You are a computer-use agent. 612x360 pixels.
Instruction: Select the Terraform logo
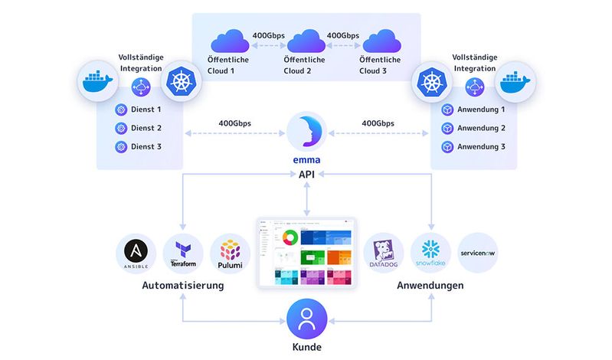coord(183,254)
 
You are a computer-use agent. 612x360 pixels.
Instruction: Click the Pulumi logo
coord(230,254)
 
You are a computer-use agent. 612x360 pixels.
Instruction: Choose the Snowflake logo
coord(430,254)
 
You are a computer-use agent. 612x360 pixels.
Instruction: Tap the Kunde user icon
coord(306,319)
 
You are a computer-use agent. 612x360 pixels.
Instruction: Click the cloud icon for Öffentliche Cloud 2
coord(306,41)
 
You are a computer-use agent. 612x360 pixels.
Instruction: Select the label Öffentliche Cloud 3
coord(381,66)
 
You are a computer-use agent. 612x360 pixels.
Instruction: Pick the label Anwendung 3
coord(481,146)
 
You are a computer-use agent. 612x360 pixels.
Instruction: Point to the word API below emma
coord(306,175)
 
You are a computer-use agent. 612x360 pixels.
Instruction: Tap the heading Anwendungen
coord(430,286)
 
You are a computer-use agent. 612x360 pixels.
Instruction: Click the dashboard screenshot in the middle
coord(306,252)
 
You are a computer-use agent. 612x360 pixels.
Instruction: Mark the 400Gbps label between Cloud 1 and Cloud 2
coord(268,35)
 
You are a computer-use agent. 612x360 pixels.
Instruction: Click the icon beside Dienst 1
coord(119,110)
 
